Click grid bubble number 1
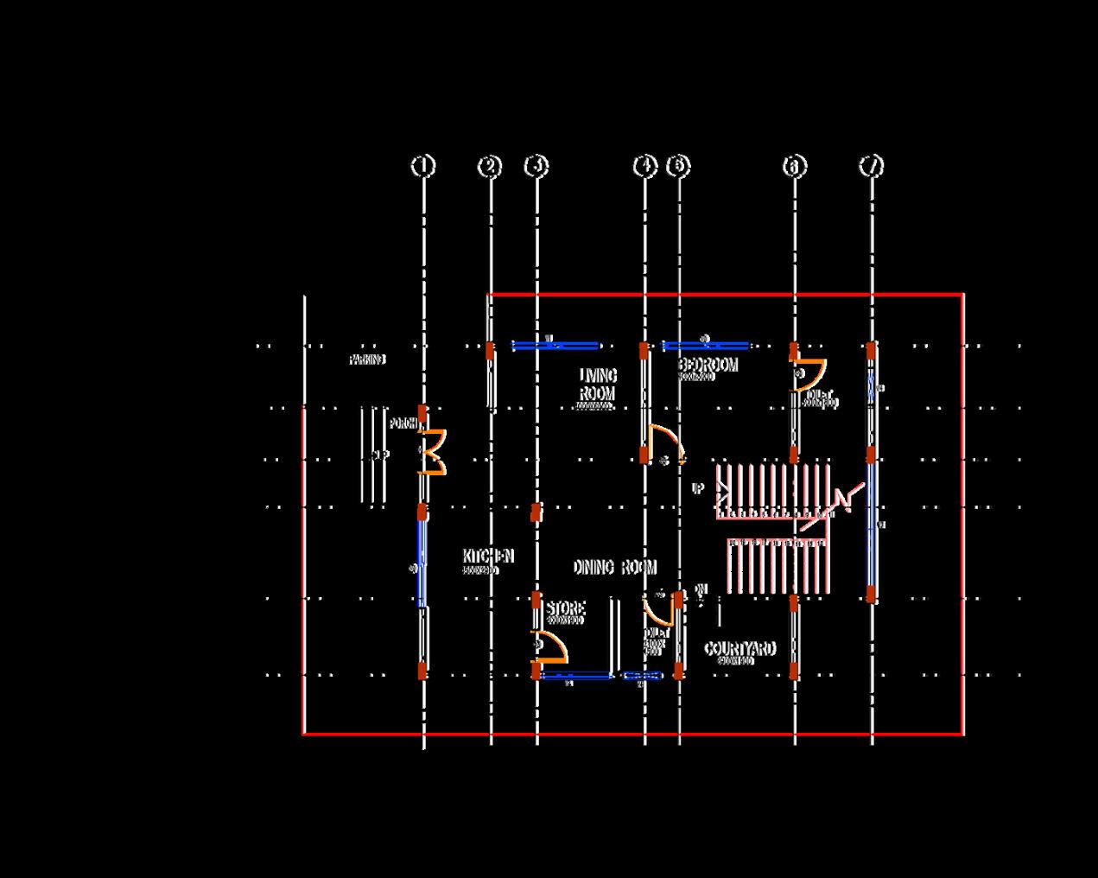tap(422, 165)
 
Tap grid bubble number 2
tap(490, 166)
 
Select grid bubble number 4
tap(645, 166)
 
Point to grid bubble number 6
tap(795, 166)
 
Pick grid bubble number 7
tap(872, 166)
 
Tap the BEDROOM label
tap(708, 366)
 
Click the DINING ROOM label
tap(614, 567)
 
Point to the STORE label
tap(565, 609)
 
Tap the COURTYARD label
tap(739, 649)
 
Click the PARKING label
tap(367, 359)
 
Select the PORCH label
tap(403, 423)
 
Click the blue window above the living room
tap(555, 346)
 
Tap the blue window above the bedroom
tap(705, 346)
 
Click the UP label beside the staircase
tap(698, 489)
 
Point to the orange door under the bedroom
tap(665, 443)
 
